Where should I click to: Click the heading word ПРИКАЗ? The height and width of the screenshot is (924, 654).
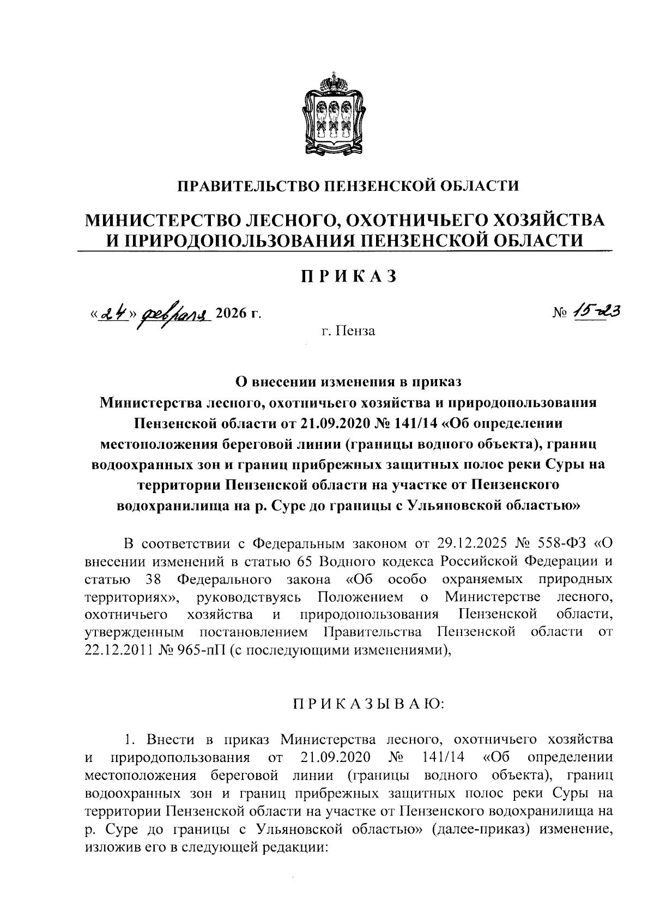pyautogui.click(x=348, y=277)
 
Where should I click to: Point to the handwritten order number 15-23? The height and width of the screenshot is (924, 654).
pyautogui.click(x=595, y=311)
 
